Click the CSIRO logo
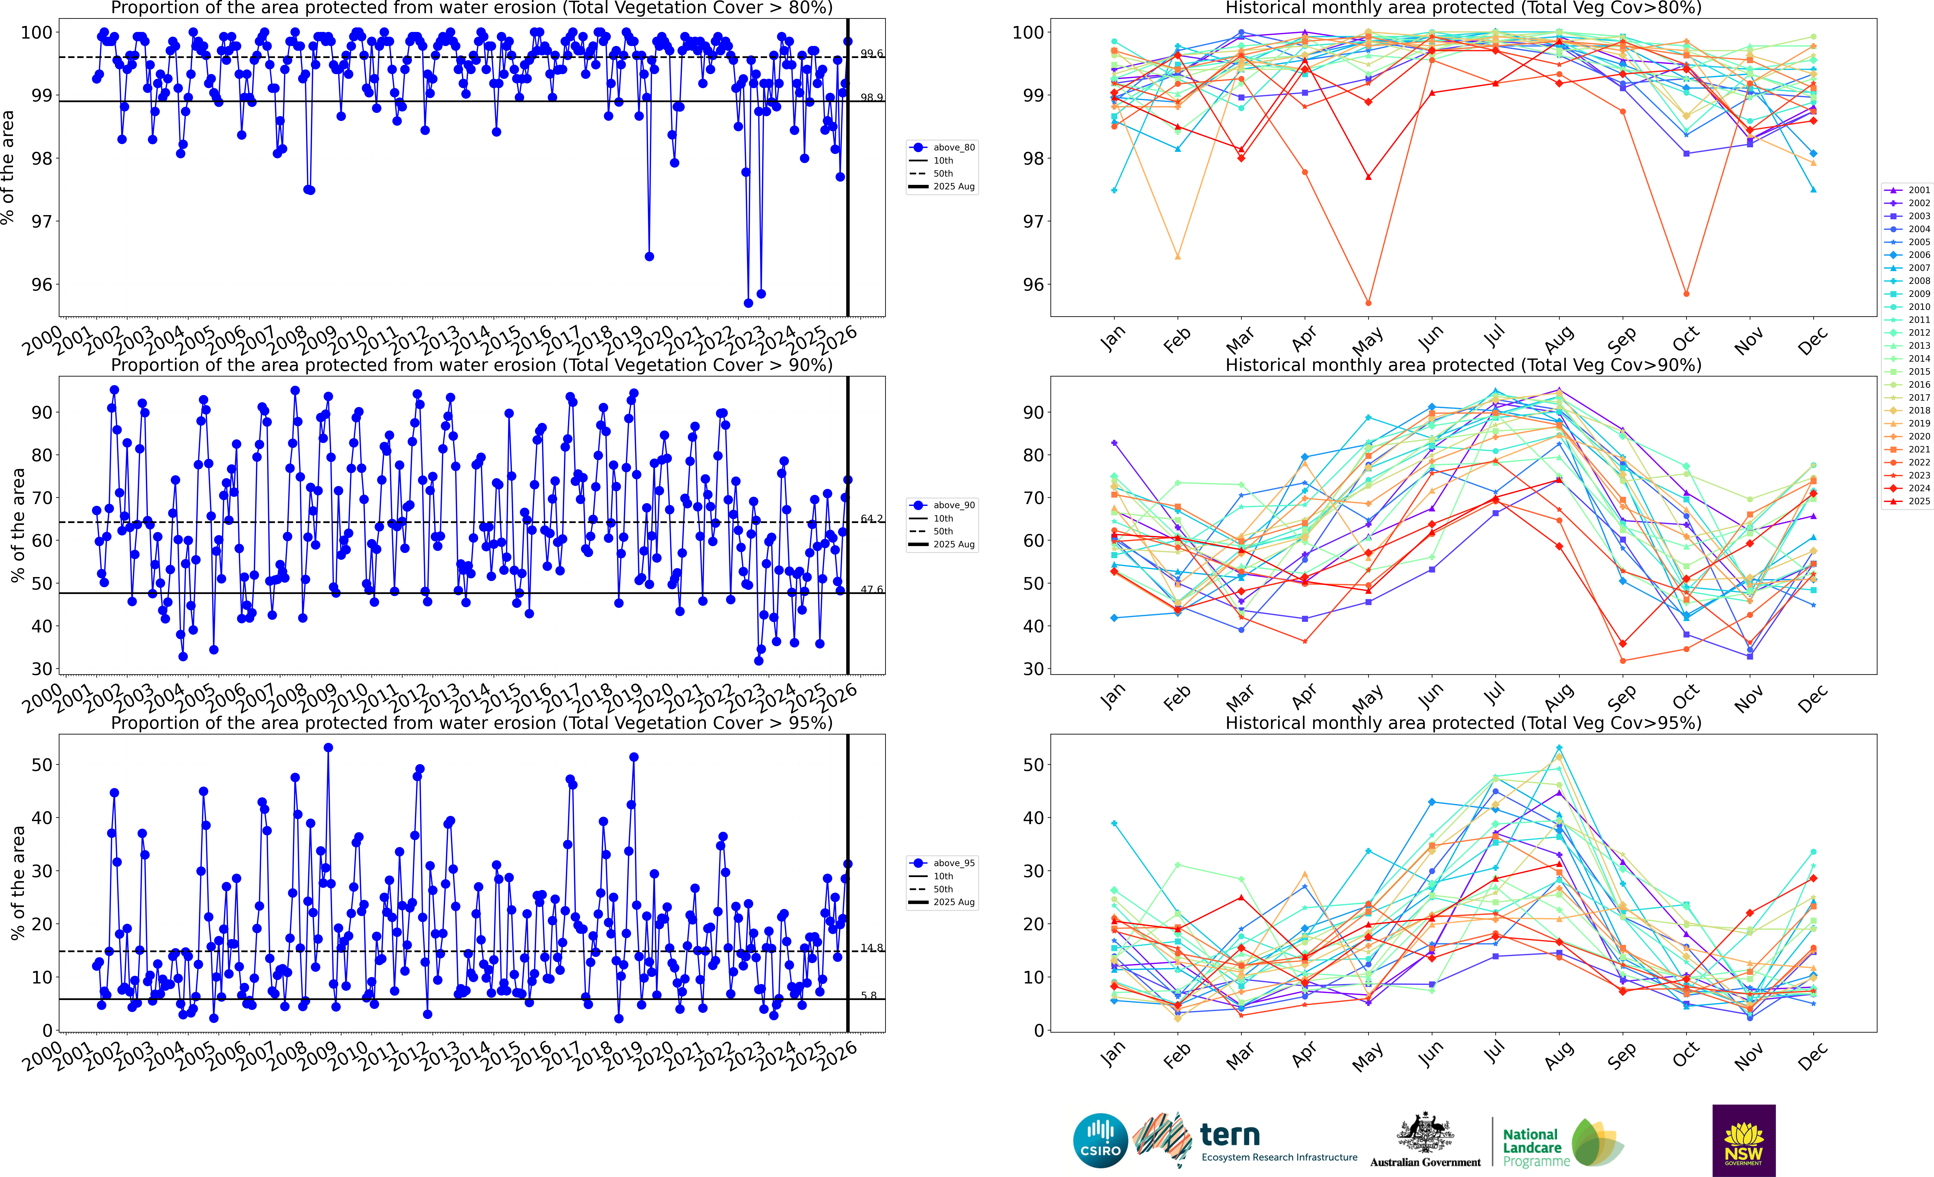click(1100, 1140)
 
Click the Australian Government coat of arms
click(1425, 1134)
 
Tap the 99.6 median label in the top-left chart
click(871, 53)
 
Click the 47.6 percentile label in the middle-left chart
click(871, 589)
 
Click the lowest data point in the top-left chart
click(748, 303)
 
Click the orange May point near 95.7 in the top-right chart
click(1368, 303)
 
